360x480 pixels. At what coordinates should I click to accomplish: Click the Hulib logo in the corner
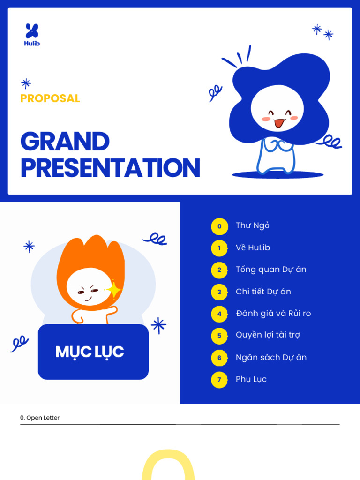32,34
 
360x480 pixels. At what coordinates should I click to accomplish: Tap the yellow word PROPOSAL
50,98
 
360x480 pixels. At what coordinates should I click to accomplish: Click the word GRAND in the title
65,142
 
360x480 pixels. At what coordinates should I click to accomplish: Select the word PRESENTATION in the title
110,168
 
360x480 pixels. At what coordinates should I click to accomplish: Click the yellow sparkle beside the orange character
113,290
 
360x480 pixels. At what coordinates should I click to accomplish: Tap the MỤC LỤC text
90,352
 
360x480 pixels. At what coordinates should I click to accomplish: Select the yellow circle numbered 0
219,226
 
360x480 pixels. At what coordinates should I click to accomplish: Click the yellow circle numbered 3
219,292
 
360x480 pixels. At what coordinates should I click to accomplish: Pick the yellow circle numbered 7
219,380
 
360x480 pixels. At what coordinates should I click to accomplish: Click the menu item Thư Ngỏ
253,225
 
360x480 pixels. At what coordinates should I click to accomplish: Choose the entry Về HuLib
253,247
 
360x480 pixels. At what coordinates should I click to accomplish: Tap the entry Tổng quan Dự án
271,270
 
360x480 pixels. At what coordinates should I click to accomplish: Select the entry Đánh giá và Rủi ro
273,313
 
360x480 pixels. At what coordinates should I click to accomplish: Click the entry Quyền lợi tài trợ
268,335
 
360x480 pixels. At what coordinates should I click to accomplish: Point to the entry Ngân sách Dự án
271,357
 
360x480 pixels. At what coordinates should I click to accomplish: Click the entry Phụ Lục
251,379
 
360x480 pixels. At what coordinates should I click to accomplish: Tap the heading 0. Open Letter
40,418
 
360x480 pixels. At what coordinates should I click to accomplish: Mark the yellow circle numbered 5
219,336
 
